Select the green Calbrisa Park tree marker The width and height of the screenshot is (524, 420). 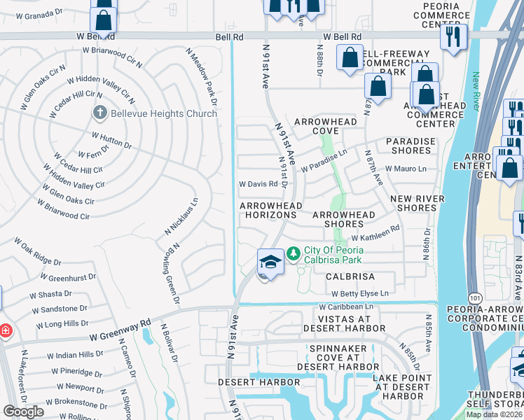[294, 253]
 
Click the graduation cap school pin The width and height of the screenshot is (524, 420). [270, 262]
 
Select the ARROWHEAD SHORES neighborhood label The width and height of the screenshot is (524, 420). [344, 219]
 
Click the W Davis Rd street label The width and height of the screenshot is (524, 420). [258, 184]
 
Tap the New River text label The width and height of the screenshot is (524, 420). [476, 91]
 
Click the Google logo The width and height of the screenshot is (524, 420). [23, 412]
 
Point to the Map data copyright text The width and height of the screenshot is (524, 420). [494, 414]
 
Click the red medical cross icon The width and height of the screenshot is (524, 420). [6, 330]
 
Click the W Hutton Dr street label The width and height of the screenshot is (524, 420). [111, 139]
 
